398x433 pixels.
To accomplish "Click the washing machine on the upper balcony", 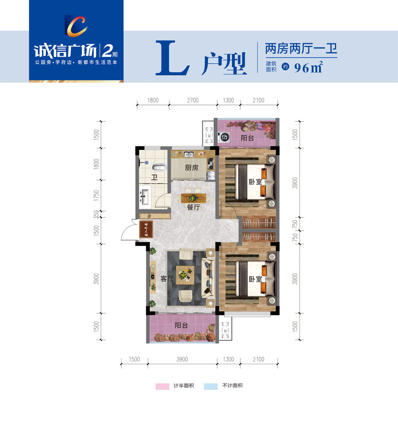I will [225, 137].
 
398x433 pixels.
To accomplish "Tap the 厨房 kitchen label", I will [191, 168].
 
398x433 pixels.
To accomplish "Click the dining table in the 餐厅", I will [193, 197].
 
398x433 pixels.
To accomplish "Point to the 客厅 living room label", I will [167, 279].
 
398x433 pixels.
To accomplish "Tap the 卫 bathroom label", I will [154, 178].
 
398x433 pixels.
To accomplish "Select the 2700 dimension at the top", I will [193, 101].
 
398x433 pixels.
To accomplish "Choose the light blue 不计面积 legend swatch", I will [211, 386].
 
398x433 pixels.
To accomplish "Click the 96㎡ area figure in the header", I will [308, 68].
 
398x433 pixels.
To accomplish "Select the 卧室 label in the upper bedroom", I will [256, 182].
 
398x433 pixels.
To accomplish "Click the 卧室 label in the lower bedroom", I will [256, 279].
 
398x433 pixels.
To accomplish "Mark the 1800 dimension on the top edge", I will [152, 101].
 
